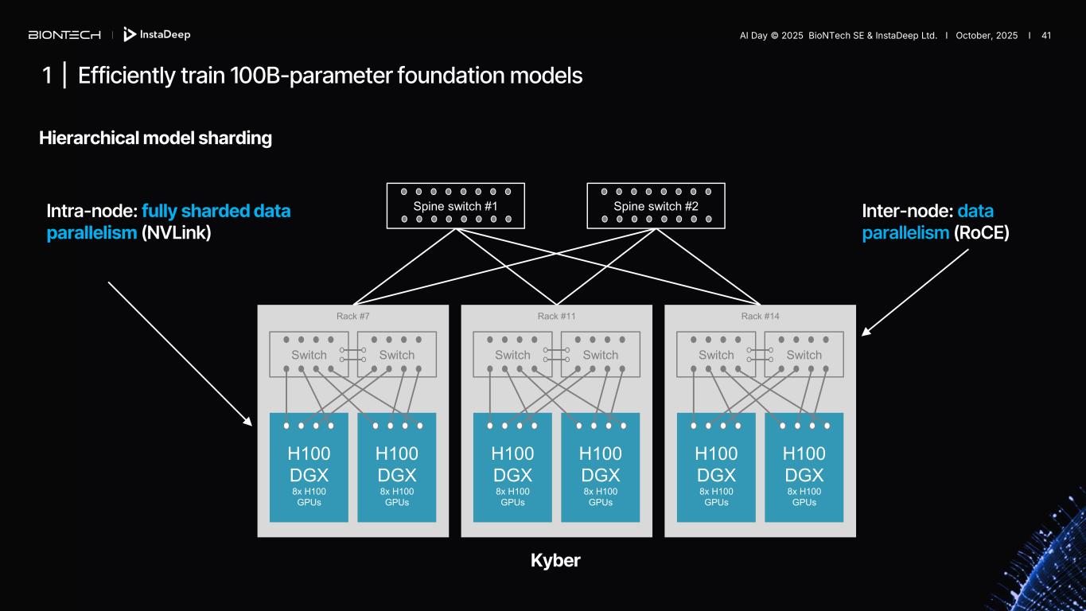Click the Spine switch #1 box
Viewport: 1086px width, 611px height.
coord(456,206)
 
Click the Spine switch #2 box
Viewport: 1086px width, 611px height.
coord(656,206)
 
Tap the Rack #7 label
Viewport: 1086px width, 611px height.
coord(353,316)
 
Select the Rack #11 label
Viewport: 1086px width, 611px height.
coord(556,316)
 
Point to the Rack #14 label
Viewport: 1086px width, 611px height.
coord(760,316)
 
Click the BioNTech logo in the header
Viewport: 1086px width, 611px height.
coord(64,35)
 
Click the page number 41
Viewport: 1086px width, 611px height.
coord(1046,35)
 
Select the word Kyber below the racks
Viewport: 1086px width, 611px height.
coord(555,560)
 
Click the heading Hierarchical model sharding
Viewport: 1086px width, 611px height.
coord(155,138)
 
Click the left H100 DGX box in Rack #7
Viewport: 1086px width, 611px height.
coord(309,467)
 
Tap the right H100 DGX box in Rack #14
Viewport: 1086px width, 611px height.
coord(804,467)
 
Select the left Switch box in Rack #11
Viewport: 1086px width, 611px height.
coord(512,354)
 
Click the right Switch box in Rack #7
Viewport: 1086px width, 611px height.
coord(396,354)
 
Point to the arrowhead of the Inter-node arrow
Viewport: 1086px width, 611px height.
coord(865,333)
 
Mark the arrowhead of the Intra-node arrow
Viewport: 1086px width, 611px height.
coord(249,423)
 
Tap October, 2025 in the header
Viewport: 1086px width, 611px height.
coord(987,35)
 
